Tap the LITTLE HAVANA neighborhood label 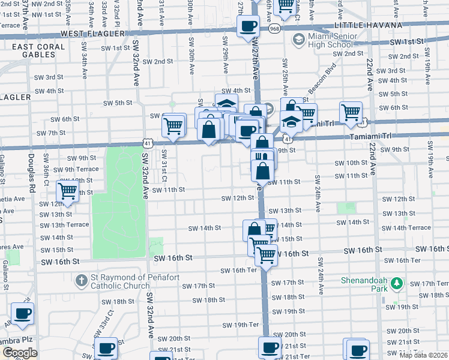(368, 25)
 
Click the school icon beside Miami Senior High (298, 40)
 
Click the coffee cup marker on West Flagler (248, 26)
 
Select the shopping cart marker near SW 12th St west (68, 192)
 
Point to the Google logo (20, 353)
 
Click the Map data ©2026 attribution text (423, 355)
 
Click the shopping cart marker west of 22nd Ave (351, 112)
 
